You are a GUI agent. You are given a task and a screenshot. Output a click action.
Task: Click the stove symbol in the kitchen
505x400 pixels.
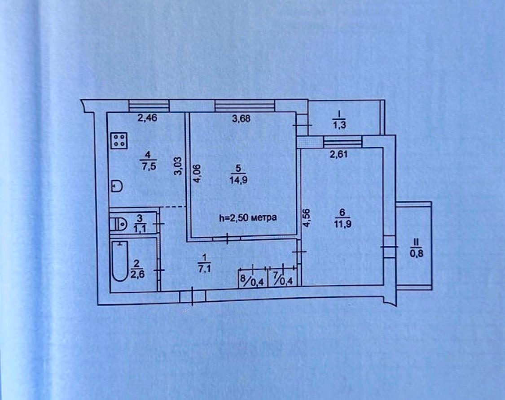(x=119, y=141)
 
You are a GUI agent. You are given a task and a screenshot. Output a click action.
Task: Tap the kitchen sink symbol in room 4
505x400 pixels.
(x=117, y=187)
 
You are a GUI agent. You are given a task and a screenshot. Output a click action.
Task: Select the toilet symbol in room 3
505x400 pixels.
(x=118, y=224)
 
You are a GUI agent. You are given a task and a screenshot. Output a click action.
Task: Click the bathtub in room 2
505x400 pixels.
(x=120, y=261)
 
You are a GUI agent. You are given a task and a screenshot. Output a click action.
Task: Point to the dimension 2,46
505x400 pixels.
(x=147, y=118)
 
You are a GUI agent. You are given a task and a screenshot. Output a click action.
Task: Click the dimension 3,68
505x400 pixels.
(x=241, y=119)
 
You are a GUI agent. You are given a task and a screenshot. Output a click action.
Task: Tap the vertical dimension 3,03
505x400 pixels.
(x=178, y=166)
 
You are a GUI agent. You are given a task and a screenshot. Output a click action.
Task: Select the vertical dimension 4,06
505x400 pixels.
(x=197, y=174)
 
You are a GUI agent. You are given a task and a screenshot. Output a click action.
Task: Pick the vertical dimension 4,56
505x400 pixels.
(x=307, y=218)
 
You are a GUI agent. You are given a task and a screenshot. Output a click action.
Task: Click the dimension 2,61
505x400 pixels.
(x=338, y=154)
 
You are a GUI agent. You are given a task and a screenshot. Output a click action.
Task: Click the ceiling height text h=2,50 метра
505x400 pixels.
(x=248, y=218)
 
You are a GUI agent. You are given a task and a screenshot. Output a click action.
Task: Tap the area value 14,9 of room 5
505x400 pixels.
(x=239, y=180)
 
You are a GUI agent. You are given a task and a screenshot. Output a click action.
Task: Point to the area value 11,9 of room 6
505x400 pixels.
(x=343, y=224)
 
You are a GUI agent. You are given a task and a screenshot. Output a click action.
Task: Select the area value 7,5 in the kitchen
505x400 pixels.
(x=148, y=167)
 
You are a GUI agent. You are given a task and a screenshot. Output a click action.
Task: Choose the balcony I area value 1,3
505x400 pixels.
(x=339, y=125)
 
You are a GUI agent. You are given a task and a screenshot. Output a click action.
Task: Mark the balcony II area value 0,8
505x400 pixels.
(x=417, y=254)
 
